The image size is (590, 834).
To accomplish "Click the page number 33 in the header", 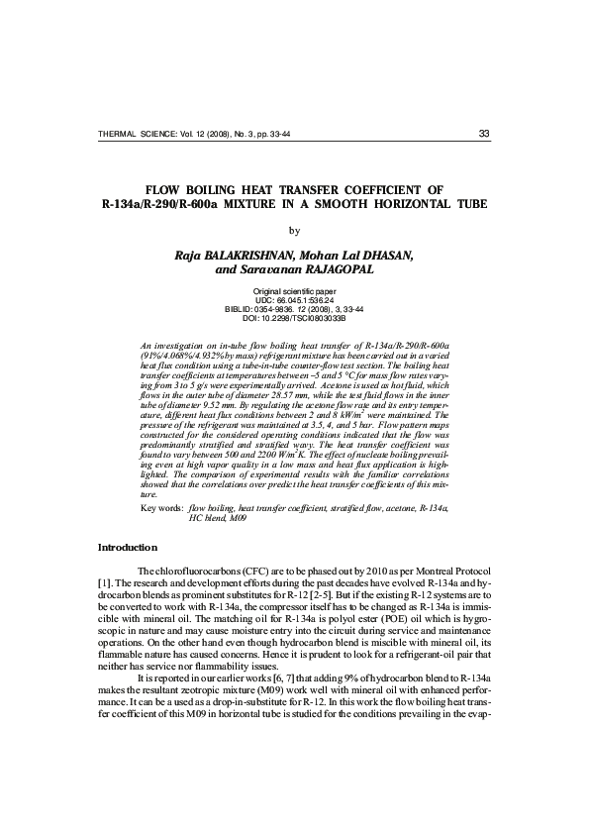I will (483, 135).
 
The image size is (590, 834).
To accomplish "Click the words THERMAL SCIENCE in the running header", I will (134, 136).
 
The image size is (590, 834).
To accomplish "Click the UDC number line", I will (295, 300).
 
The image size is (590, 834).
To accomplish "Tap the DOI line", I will (295, 318).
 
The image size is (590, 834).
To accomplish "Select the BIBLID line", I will (295, 309).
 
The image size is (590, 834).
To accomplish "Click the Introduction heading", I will (127, 548).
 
